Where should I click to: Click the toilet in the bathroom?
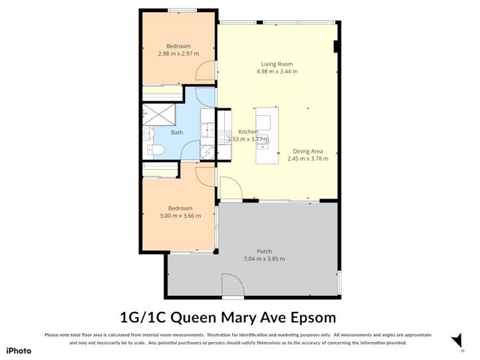click(158, 150)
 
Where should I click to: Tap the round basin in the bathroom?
click(148, 134)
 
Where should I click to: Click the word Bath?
click(176, 133)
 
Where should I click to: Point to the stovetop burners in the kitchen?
click(224, 136)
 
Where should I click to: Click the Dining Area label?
click(308, 151)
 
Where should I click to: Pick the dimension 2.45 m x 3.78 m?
click(308, 159)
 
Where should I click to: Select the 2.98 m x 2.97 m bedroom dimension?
click(178, 54)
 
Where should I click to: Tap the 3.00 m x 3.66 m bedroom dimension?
click(179, 216)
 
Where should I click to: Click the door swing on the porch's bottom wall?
click(232, 285)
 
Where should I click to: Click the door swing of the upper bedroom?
click(205, 72)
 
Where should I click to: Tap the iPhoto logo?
click(19, 350)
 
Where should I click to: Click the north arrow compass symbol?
click(457, 340)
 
